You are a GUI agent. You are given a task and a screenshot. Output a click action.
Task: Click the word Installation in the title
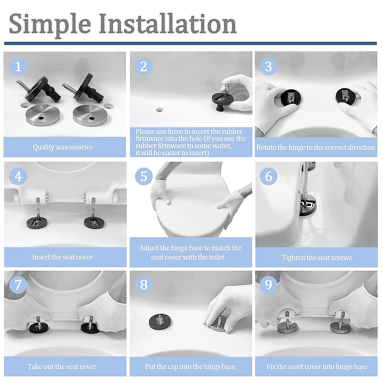tap(168, 24)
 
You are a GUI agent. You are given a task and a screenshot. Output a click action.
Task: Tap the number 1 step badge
tap(18, 66)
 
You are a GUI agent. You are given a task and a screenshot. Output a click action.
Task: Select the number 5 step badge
tap(144, 176)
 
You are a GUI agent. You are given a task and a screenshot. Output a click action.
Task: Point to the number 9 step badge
tap(268, 285)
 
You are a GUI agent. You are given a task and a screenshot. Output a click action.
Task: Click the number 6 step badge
tap(268, 176)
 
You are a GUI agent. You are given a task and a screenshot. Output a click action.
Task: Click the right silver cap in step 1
tap(90, 115)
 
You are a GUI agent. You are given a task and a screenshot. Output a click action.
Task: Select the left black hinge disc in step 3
tap(291, 99)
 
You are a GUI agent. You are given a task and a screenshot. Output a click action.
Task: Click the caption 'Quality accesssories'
tap(63, 147)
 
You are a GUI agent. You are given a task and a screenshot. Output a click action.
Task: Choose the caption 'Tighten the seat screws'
tap(317, 258)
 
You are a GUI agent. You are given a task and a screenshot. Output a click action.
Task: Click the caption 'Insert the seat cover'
tap(63, 257)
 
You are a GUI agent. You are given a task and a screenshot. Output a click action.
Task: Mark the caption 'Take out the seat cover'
tap(62, 366)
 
